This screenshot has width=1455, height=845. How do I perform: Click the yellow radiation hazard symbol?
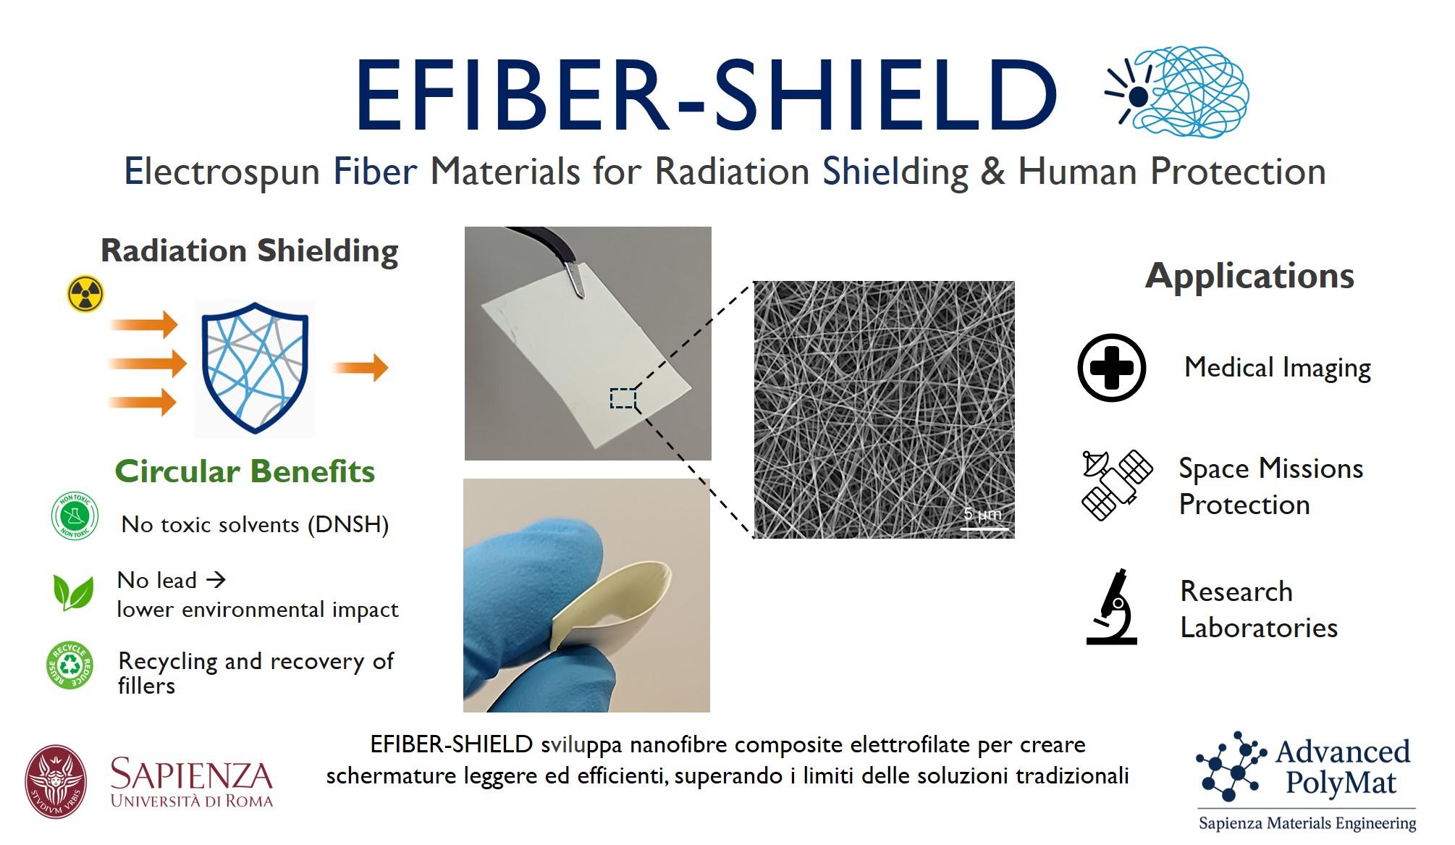click(x=85, y=294)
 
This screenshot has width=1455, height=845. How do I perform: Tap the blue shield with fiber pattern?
click(x=255, y=368)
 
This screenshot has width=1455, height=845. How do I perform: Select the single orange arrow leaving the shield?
click(x=360, y=368)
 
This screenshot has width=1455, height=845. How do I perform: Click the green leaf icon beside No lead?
click(x=73, y=592)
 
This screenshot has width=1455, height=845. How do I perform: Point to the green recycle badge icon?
click(x=70, y=665)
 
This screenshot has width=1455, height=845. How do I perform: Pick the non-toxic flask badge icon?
click(x=75, y=516)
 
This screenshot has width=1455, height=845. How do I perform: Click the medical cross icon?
click(x=1111, y=368)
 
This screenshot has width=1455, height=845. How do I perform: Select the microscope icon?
click(x=1112, y=607)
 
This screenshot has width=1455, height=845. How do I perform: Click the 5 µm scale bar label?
click(x=982, y=514)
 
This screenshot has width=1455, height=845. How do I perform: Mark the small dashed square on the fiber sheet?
click(x=623, y=398)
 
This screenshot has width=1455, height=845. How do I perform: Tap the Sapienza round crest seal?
click(x=56, y=782)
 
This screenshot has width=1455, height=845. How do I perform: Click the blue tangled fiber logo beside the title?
click(x=1177, y=92)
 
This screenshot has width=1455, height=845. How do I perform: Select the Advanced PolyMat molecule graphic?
click(x=1231, y=767)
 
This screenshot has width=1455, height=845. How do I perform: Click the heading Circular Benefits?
click(x=245, y=471)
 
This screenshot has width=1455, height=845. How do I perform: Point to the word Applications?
click(x=1249, y=276)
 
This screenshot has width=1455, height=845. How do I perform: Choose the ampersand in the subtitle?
click(x=992, y=172)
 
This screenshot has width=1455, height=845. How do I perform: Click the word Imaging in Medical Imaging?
click(x=1325, y=368)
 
